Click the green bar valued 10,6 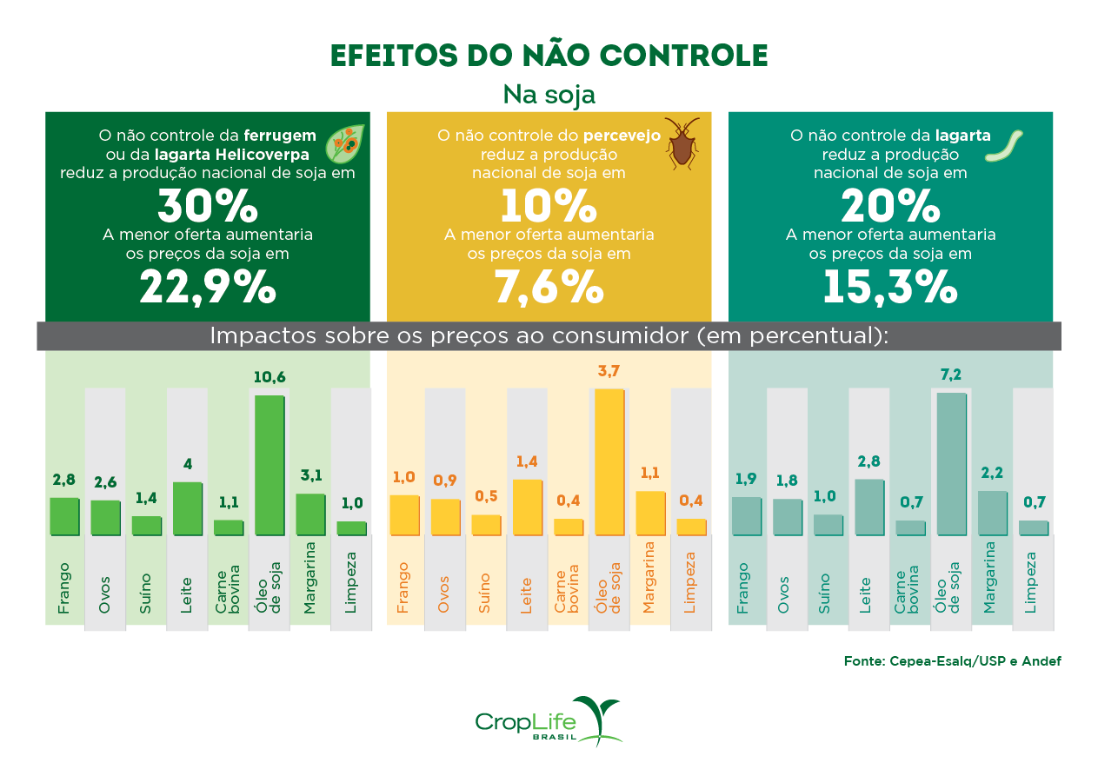click(x=269, y=465)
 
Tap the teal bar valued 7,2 click(x=950, y=464)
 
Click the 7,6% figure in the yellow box click(x=549, y=286)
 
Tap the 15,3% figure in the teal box click(x=889, y=286)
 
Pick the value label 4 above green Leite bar click(x=187, y=464)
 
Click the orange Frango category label click(x=403, y=588)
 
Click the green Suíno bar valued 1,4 click(x=146, y=526)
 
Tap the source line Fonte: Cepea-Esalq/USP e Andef click(x=952, y=661)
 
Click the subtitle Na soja click(x=549, y=94)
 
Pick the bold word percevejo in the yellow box click(x=622, y=136)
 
